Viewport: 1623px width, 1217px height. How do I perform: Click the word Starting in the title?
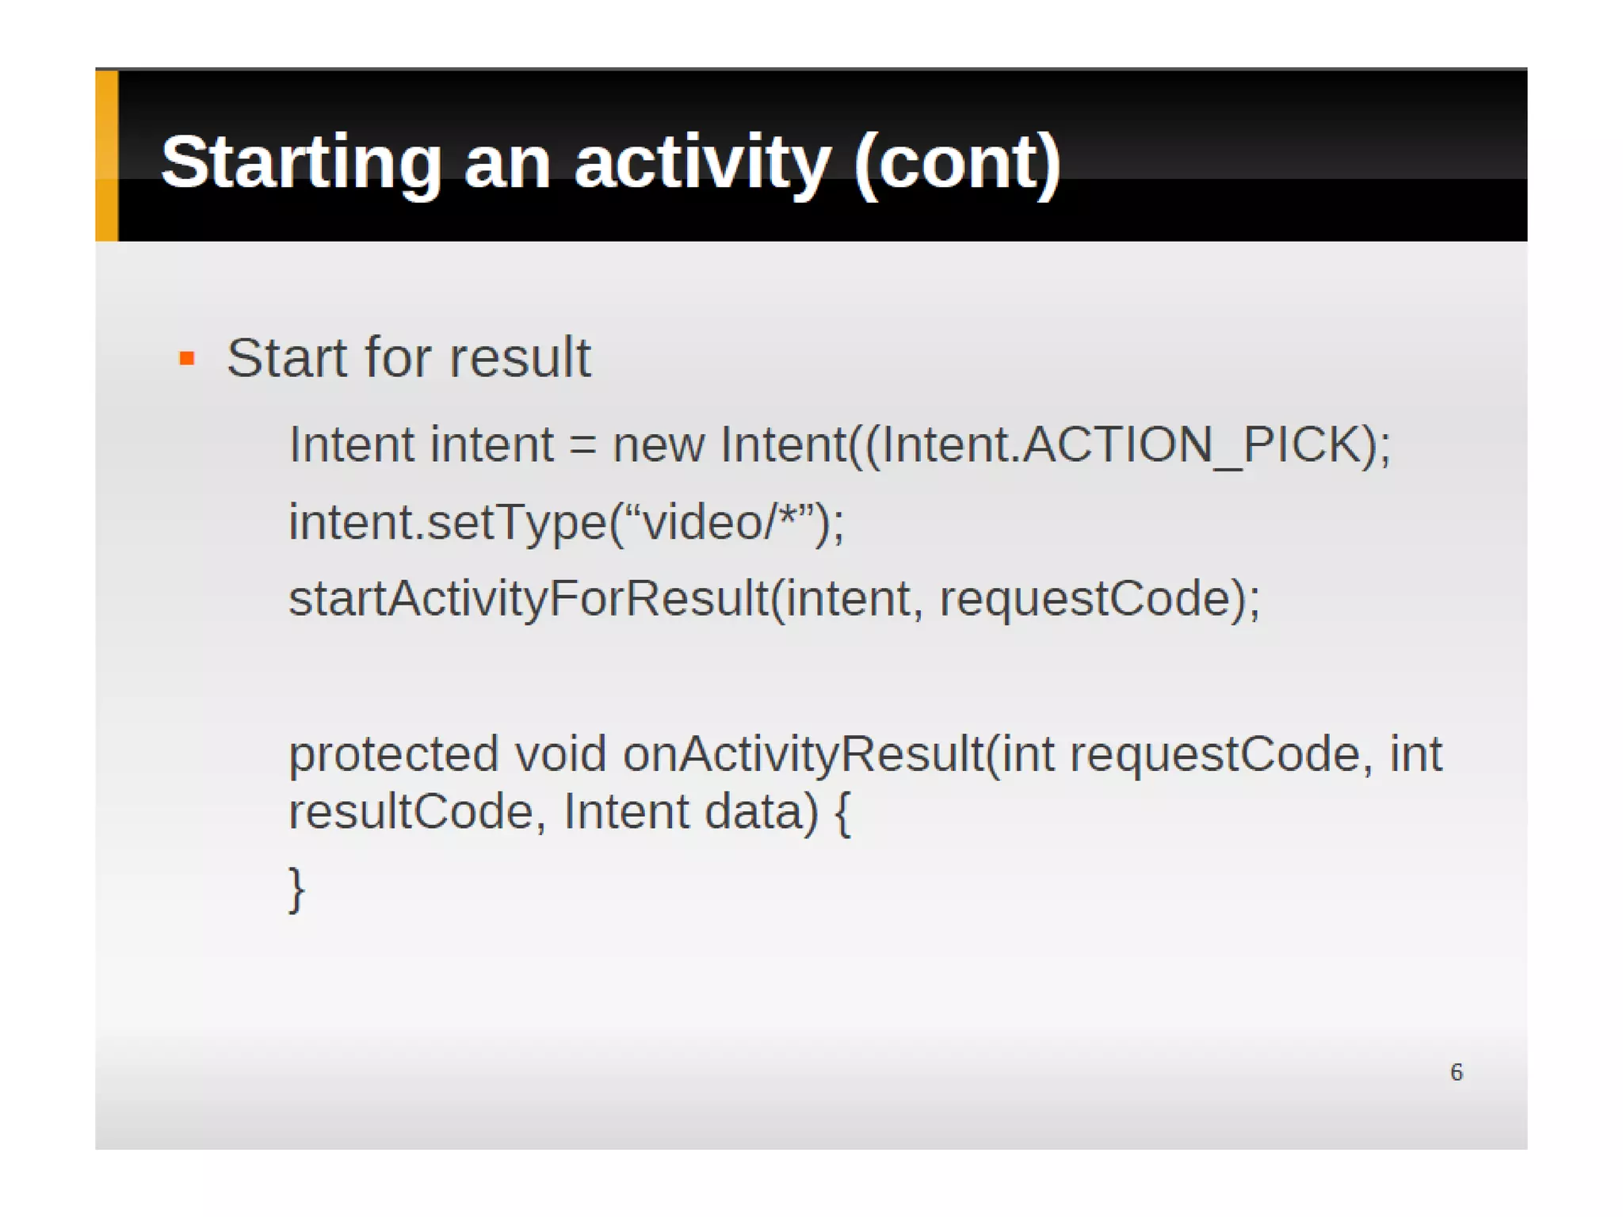[300, 162]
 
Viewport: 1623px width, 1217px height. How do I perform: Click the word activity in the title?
[701, 162]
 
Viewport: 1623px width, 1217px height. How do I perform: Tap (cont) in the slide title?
[957, 162]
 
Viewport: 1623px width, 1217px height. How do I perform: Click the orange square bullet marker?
[187, 359]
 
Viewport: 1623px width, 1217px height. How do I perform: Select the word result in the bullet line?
[520, 358]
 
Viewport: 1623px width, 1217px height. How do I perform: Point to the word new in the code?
[658, 444]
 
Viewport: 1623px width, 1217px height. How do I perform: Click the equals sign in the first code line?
[582, 446]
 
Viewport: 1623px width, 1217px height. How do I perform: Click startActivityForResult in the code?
[529, 598]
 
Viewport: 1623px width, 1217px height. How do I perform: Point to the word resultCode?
[411, 812]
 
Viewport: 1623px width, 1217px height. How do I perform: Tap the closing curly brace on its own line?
[296, 890]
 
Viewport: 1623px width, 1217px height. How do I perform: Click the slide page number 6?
[1457, 1072]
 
